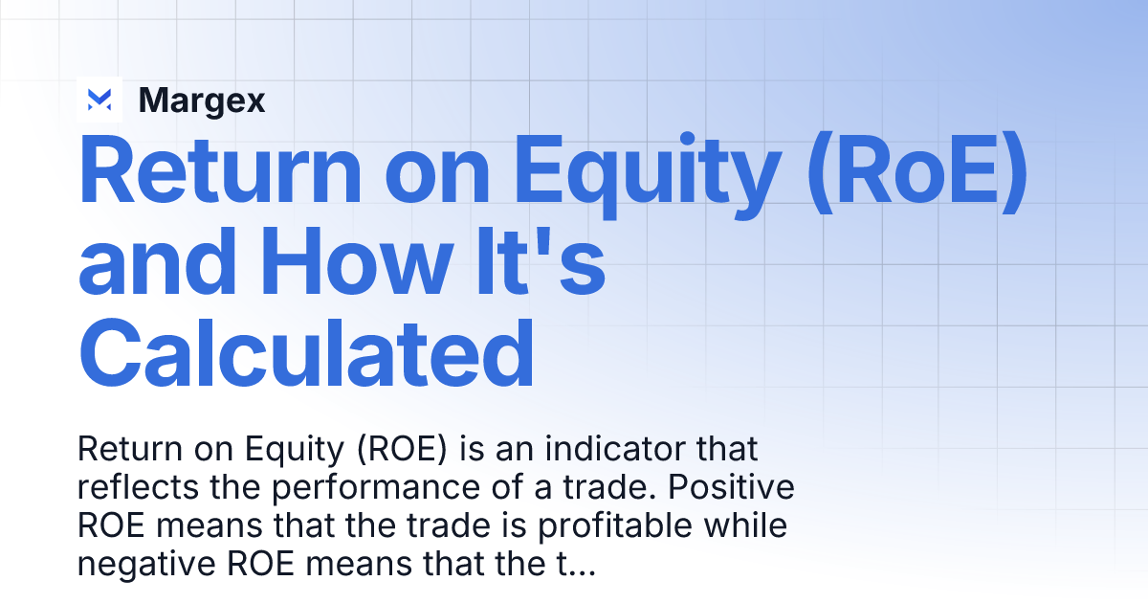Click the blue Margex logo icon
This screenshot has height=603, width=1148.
(x=99, y=100)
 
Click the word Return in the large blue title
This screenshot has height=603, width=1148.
(x=220, y=169)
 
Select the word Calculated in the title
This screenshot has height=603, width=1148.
(x=306, y=353)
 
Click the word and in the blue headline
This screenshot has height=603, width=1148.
(x=157, y=261)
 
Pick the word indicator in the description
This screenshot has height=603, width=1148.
(x=614, y=449)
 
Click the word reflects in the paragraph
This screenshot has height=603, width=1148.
(x=138, y=487)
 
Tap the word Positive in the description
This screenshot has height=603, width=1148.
(x=731, y=487)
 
